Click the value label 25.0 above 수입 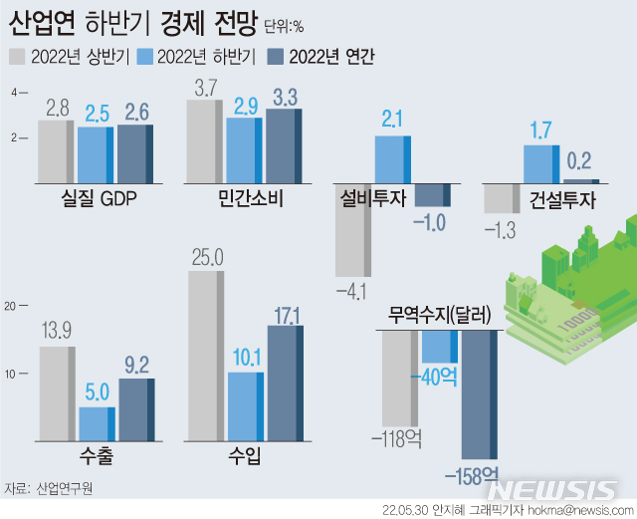coord(206,258)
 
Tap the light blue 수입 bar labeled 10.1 coord(245,407)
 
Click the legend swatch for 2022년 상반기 coord(18,56)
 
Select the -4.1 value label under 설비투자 coord(351,291)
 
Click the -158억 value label coord(479,473)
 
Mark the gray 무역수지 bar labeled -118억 coord(400,379)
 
